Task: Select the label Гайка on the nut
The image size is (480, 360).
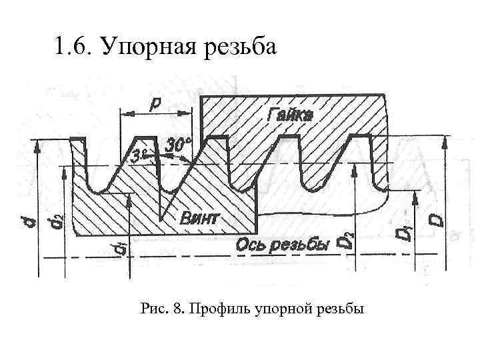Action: click(289, 114)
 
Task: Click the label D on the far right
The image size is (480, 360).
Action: click(437, 219)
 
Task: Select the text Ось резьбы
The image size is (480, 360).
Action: click(283, 246)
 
